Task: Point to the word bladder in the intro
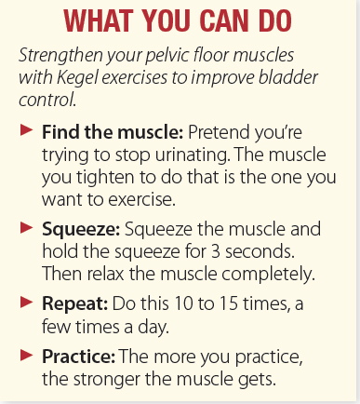pos(288,77)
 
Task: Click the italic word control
pos(47,100)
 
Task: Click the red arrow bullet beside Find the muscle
pos(27,130)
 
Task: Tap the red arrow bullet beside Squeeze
pos(27,227)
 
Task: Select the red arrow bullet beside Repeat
pos(27,302)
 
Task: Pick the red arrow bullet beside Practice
pos(27,356)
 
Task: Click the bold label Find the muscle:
pos(113,132)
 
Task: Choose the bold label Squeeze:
pos(81,230)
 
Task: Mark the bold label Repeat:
pos(74,304)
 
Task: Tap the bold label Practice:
pos(79,357)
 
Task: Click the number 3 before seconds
pos(216,251)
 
